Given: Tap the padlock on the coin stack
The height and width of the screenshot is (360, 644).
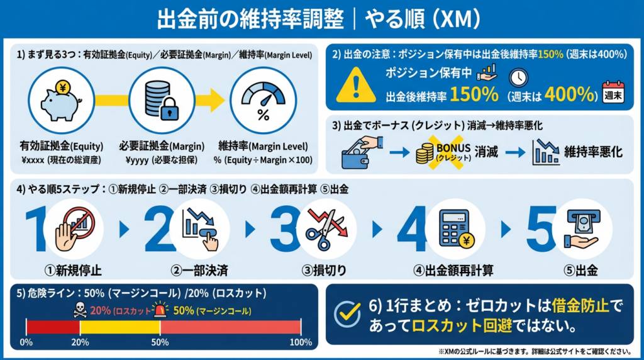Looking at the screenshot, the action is tap(169, 109).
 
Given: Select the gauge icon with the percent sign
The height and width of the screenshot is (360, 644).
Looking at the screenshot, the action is tap(263, 101).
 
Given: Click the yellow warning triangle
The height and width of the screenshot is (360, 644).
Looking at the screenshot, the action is tap(356, 85).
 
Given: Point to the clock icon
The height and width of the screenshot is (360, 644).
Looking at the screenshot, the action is tap(518, 77).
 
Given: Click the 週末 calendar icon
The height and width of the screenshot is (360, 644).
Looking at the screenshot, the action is tap(613, 92).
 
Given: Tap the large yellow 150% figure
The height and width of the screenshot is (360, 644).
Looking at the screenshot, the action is tap(474, 94).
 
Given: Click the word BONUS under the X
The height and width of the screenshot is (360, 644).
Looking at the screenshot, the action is tap(453, 148).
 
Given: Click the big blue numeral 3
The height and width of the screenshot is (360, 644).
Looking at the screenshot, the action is tap(284, 229).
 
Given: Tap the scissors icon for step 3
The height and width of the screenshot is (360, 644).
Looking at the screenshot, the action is tap(327, 228).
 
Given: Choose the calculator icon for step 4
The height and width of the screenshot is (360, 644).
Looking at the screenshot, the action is tap(456, 229).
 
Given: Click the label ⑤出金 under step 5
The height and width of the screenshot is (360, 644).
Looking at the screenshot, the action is tap(580, 271).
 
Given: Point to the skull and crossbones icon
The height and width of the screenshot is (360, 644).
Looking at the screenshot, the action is tap(80, 310).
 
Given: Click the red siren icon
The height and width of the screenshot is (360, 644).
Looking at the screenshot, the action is tap(160, 310).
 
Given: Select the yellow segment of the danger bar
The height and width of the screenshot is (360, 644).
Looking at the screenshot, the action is tap(120, 327).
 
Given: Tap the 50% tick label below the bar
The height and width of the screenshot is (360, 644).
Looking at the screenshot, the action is tap(160, 342).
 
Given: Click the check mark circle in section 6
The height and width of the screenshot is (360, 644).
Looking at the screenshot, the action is tap(347, 314).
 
